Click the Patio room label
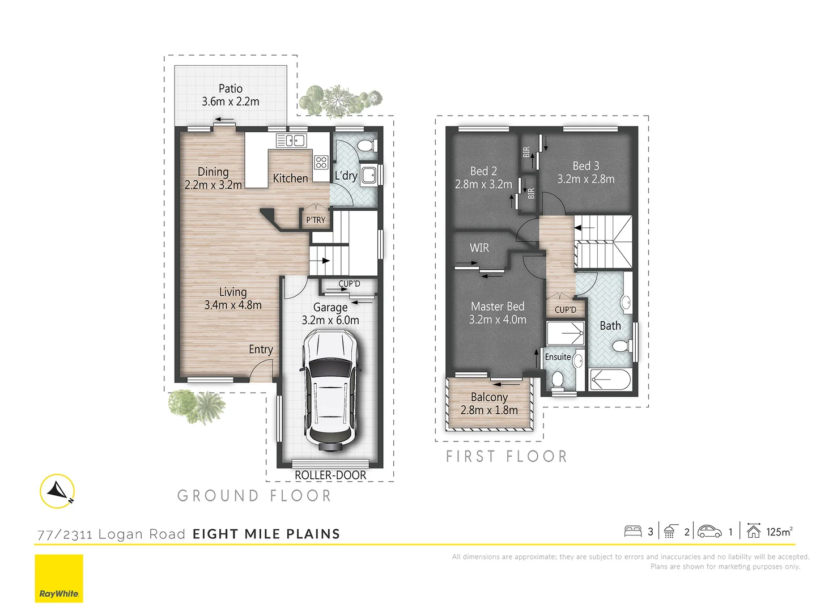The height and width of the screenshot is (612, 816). [x=231, y=89]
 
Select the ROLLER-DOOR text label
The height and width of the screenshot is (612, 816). [x=330, y=475]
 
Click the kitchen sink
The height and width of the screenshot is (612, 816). [x=291, y=141]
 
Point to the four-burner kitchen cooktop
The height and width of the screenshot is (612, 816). [x=321, y=163]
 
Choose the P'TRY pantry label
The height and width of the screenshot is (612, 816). [x=316, y=220]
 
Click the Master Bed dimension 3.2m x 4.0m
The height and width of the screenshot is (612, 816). [x=498, y=320]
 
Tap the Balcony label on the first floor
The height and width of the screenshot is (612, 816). [x=489, y=397]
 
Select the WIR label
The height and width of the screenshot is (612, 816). [x=479, y=248]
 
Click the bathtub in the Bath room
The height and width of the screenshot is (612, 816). [x=610, y=380]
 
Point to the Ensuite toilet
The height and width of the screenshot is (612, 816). [x=558, y=380]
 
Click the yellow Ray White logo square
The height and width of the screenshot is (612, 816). [x=59, y=579]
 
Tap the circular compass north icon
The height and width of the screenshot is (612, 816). [x=57, y=491]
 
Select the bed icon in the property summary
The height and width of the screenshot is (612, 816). [x=632, y=532]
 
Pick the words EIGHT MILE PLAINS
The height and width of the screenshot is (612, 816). [x=266, y=534]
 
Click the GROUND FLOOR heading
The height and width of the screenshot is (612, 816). [x=254, y=496]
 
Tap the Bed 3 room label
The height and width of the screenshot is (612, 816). [x=585, y=166]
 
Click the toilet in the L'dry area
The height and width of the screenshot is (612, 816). [x=367, y=146]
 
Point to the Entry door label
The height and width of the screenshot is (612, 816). [x=261, y=350]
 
